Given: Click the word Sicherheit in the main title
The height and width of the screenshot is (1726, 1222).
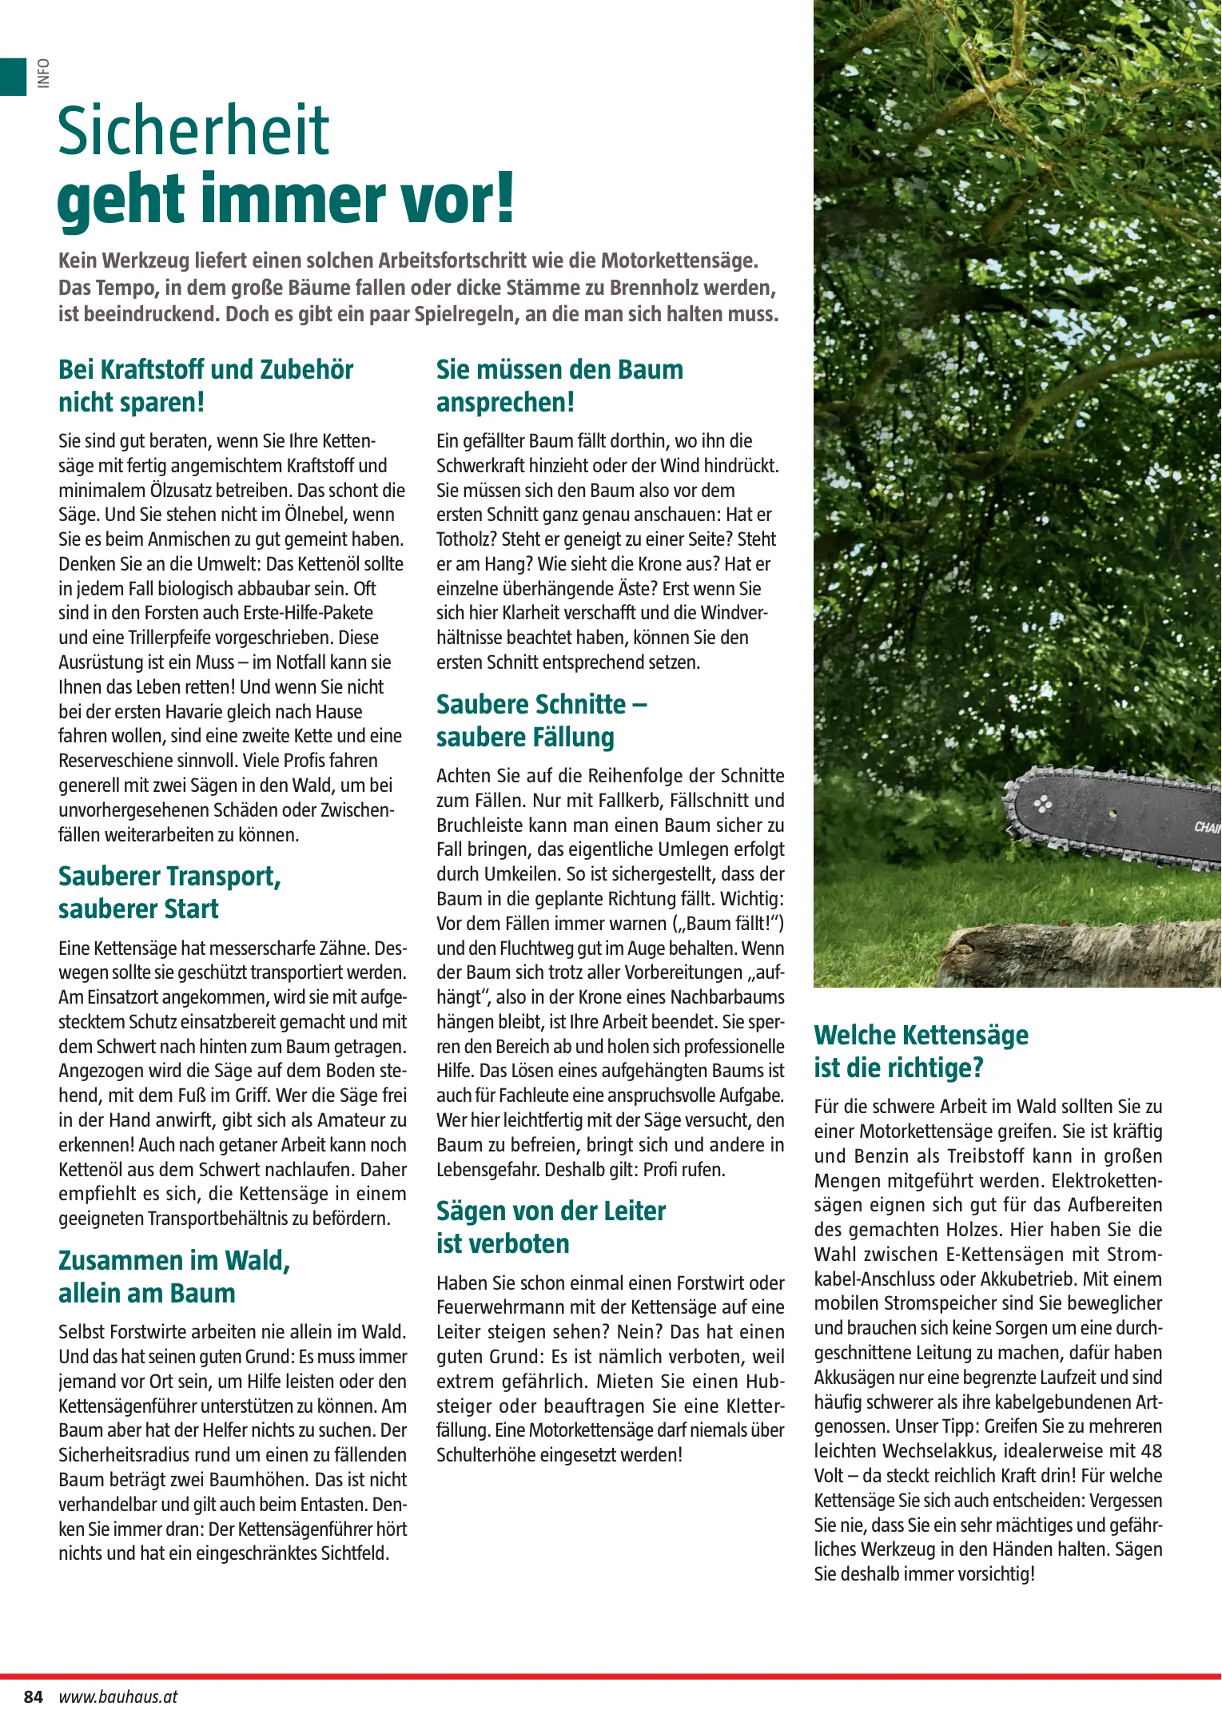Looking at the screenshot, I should point(193,132).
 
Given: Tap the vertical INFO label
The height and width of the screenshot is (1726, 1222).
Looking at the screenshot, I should point(43,74).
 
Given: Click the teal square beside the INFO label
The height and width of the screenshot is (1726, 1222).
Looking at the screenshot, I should point(13,77).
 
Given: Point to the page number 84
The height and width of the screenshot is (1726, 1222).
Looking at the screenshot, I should point(33,1696).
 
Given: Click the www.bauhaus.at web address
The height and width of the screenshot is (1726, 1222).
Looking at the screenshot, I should point(117,1696).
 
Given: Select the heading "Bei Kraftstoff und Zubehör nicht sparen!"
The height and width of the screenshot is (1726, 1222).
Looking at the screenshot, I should point(205,386).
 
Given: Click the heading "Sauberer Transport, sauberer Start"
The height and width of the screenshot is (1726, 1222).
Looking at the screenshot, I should point(169,893).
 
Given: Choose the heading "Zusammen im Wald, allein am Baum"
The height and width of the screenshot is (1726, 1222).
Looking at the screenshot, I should point(174,1277).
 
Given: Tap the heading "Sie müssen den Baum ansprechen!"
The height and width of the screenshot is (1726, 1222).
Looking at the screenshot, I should point(559,386).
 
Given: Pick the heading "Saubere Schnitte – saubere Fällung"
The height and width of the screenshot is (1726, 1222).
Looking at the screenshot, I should point(541,721).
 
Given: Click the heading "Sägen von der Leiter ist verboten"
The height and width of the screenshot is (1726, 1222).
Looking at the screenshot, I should point(551,1227).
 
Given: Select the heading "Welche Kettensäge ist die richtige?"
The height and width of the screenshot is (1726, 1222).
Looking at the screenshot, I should point(921,1052).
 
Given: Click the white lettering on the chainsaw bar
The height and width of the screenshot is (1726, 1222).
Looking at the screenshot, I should point(1207,828).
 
